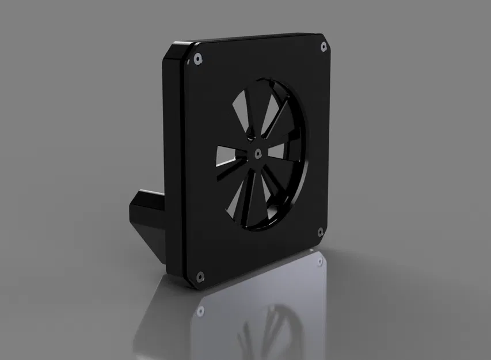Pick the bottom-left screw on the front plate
click(x=200, y=276)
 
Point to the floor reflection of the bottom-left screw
click(x=200, y=310)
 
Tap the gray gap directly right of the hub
click(x=277, y=151)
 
